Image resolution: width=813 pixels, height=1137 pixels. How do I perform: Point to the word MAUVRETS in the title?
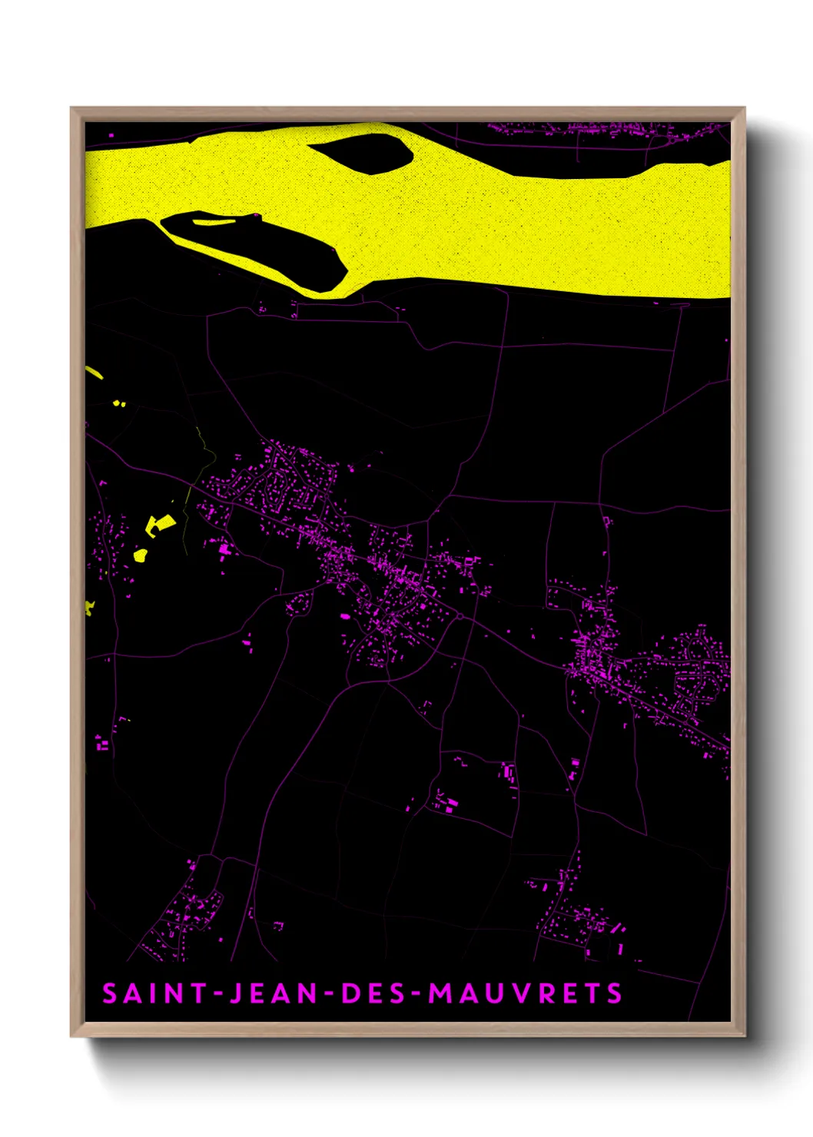[x=525, y=993]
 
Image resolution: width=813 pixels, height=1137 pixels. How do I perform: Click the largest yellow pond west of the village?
[x=159, y=524]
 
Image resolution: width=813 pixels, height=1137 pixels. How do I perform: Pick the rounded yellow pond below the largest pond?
[x=141, y=554]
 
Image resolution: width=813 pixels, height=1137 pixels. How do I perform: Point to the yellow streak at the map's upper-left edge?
[x=94, y=373]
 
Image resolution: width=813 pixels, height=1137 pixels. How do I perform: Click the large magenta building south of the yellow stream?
[x=224, y=549]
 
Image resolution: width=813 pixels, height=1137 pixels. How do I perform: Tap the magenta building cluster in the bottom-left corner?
[x=184, y=918]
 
